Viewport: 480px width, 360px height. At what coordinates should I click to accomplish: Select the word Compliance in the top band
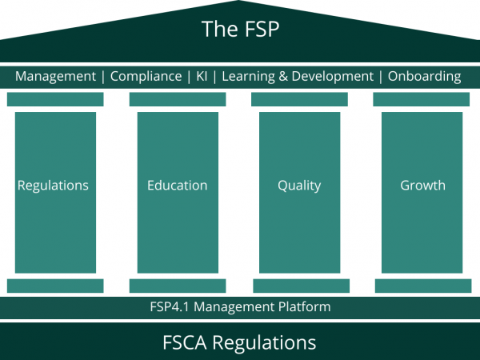tap(146, 77)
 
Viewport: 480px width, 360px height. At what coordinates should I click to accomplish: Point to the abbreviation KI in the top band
tap(202, 77)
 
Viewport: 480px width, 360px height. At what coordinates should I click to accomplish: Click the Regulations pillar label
tap(54, 186)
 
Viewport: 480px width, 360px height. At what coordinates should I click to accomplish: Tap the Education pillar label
tap(178, 186)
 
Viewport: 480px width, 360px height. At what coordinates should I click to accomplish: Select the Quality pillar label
tap(299, 186)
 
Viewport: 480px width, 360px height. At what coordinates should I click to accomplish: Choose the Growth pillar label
tap(422, 186)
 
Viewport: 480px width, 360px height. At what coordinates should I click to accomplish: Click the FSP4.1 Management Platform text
tap(240, 307)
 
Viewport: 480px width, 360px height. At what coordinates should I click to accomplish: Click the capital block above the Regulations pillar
tap(55, 99)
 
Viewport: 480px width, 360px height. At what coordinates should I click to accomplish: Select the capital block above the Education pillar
tap(178, 99)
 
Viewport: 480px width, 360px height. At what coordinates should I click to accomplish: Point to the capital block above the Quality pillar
tap(299, 99)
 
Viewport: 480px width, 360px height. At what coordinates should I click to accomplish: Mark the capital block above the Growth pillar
tap(422, 99)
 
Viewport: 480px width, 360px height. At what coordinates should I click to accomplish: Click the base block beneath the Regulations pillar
tap(55, 286)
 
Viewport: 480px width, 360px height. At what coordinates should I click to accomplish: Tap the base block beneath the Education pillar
tap(178, 286)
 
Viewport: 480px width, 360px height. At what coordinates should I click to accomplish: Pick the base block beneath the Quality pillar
tap(301, 286)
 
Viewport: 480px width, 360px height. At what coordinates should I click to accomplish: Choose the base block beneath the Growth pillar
tap(422, 286)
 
